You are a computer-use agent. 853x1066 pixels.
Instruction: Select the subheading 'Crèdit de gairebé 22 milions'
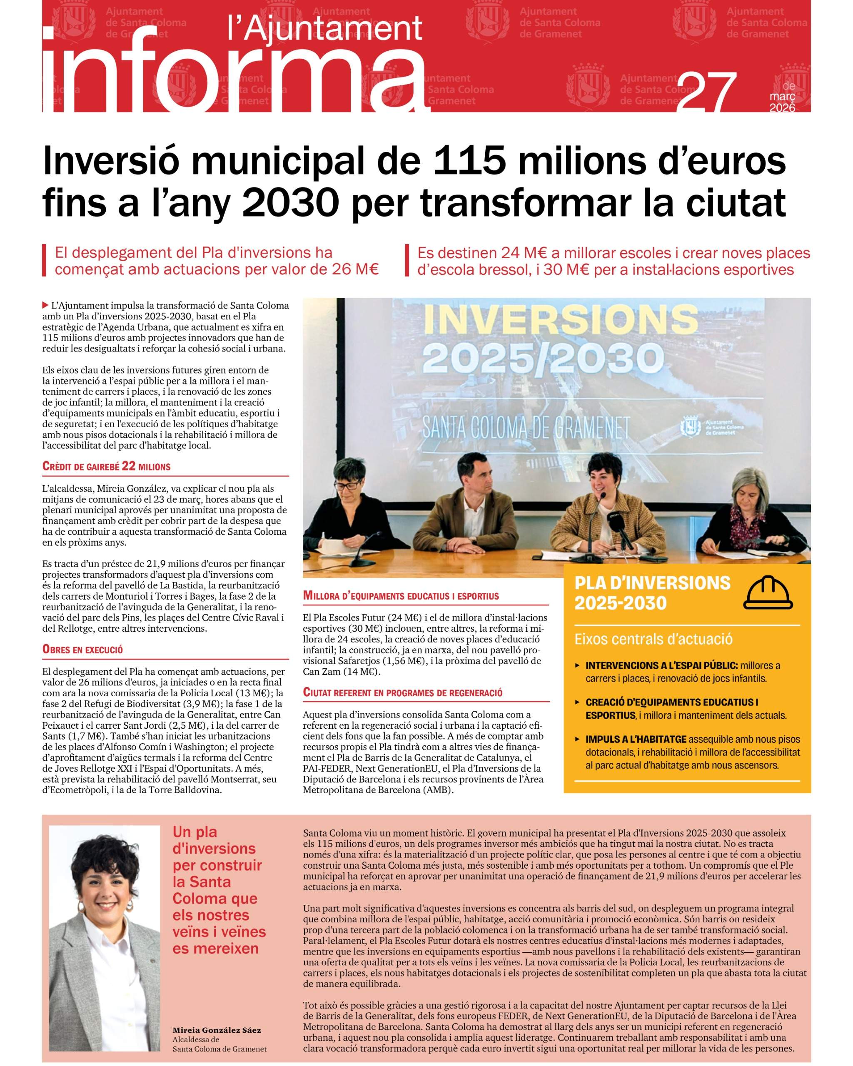(x=106, y=466)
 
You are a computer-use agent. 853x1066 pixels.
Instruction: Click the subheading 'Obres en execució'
(x=82, y=650)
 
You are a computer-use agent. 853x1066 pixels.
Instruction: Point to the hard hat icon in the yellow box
(x=768, y=592)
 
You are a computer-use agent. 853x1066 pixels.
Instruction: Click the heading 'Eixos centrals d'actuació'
(x=653, y=639)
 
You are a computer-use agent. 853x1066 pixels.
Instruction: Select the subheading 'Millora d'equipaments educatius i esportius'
(x=401, y=596)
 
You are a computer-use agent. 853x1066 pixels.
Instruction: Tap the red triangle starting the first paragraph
(x=46, y=305)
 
